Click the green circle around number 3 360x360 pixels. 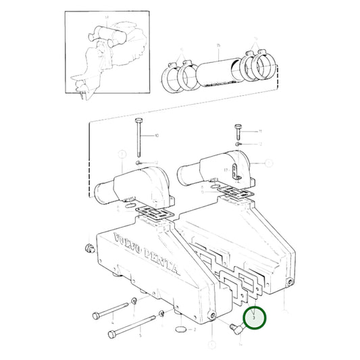(x=255, y=317)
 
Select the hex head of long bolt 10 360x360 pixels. (x=138, y=120)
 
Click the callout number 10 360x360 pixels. (x=157, y=136)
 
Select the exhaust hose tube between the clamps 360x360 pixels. (x=217, y=67)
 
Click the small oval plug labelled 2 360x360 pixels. (x=180, y=329)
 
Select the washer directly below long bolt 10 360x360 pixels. (x=138, y=162)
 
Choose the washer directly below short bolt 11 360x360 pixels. (x=237, y=144)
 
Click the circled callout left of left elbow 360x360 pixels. (x=122, y=154)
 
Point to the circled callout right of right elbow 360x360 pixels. (x=269, y=163)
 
